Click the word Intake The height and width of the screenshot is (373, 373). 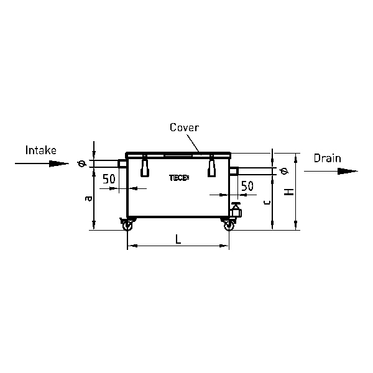click(x=41, y=150)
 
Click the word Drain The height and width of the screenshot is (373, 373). click(x=328, y=158)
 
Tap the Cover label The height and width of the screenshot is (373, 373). click(x=184, y=127)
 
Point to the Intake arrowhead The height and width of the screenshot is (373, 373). click(x=59, y=163)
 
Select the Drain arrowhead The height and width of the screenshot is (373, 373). click(x=348, y=171)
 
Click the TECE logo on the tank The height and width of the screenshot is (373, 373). click(x=179, y=178)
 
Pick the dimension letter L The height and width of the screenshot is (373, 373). click(x=178, y=239)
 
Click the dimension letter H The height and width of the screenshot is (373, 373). click(x=289, y=191)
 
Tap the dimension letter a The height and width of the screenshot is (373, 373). click(x=88, y=198)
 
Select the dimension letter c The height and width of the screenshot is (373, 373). click(x=267, y=203)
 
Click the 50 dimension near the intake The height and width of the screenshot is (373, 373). click(x=109, y=179)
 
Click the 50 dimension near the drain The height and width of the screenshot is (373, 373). click(x=247, y=186)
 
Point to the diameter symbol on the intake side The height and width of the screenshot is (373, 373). click(x=81, y=163)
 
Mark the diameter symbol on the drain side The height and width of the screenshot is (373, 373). click(x=284, y=171)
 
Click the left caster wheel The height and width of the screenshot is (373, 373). click(x=127, y=224)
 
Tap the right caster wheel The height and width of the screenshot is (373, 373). click(x=229, y=224)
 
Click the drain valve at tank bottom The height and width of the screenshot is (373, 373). click(x=236, y=210)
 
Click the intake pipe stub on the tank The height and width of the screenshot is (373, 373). click(x=122, y=164)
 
